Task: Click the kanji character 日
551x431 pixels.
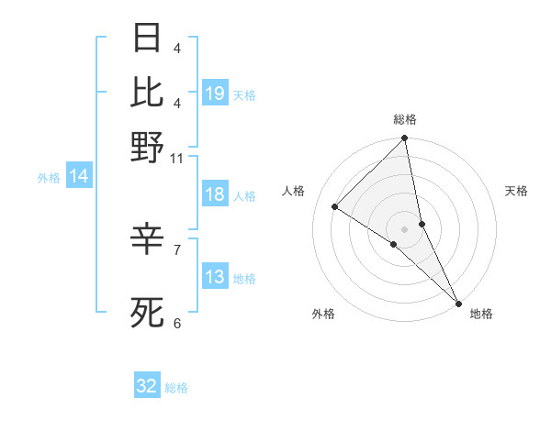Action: [147, 38]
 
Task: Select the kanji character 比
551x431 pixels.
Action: [147, 92]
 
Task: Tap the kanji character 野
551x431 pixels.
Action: [147, 147]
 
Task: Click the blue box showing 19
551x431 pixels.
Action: [215, 93]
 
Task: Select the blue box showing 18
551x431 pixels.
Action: [215, 194]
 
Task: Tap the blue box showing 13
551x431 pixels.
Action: [215, 277]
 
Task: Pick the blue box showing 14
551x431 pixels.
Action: [79, 176]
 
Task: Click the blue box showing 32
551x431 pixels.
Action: [147, 386]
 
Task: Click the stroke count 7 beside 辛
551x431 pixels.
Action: [177, 249]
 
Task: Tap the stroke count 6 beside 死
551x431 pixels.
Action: [177, 323]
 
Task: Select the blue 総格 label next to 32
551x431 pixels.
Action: [176, 388]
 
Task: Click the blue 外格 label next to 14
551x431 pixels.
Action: [49, 178]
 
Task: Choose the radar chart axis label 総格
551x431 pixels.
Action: [405, 119]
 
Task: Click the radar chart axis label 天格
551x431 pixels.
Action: [517, 191]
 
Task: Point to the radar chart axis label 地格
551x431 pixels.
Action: [481, 314]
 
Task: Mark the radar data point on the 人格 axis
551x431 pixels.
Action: [335, 207]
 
